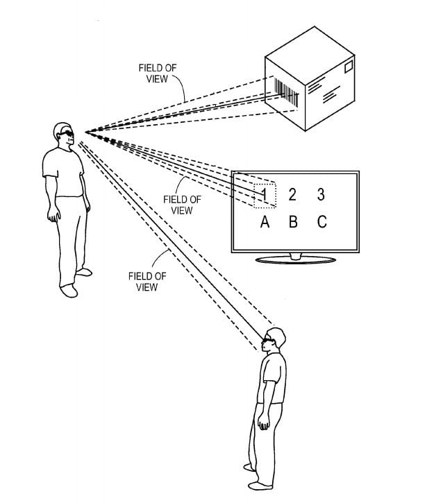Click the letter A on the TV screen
[264, 222]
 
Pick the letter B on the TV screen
[292, 222]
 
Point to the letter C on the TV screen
[321, 222]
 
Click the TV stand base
[296, 260]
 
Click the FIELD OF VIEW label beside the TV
[181, 205]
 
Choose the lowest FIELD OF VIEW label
[147, 281]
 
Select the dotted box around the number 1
[265, 195]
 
